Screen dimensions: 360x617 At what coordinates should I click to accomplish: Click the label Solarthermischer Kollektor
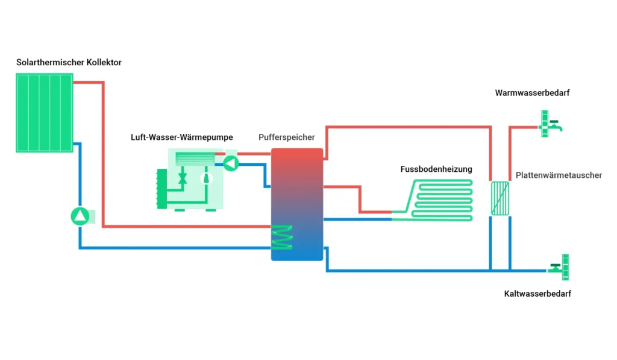pyautogui.click(x=69, y=63)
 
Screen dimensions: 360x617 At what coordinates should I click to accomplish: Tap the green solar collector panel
pyautogui.click(x=44, y=113)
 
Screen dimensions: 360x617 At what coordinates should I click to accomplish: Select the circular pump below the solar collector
pyautogui.click(x=80, y=216)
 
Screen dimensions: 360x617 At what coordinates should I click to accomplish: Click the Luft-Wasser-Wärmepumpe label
pyautogui.click(x=181, y=137)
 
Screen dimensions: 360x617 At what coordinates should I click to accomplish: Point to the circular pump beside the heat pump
pyautogui.click(x=231, y=162)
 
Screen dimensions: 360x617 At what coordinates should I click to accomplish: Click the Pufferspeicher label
pyautogui.click(x=286, y=137)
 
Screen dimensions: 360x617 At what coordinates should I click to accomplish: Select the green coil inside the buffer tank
pyautogui.click(x=281, y=236)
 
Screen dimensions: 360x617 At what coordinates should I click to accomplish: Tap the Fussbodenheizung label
pyautogui.click(x=436, y=169)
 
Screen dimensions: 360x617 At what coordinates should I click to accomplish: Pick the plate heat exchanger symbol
pyautogui.click(x=499, y=198)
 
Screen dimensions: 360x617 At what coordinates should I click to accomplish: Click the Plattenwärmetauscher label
pyautogui.click(x=559, y=175)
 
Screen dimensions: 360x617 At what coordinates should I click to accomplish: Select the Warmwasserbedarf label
pyautogui.click(x=532, y=93)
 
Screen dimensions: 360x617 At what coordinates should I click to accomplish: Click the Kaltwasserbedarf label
pyautogui.click(x=537, y=294)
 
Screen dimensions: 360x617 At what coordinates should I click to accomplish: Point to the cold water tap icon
pyautogui.click(x=560, y=266)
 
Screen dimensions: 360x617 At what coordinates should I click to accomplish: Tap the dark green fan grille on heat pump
pyautogui.click(x=161, y=188)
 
